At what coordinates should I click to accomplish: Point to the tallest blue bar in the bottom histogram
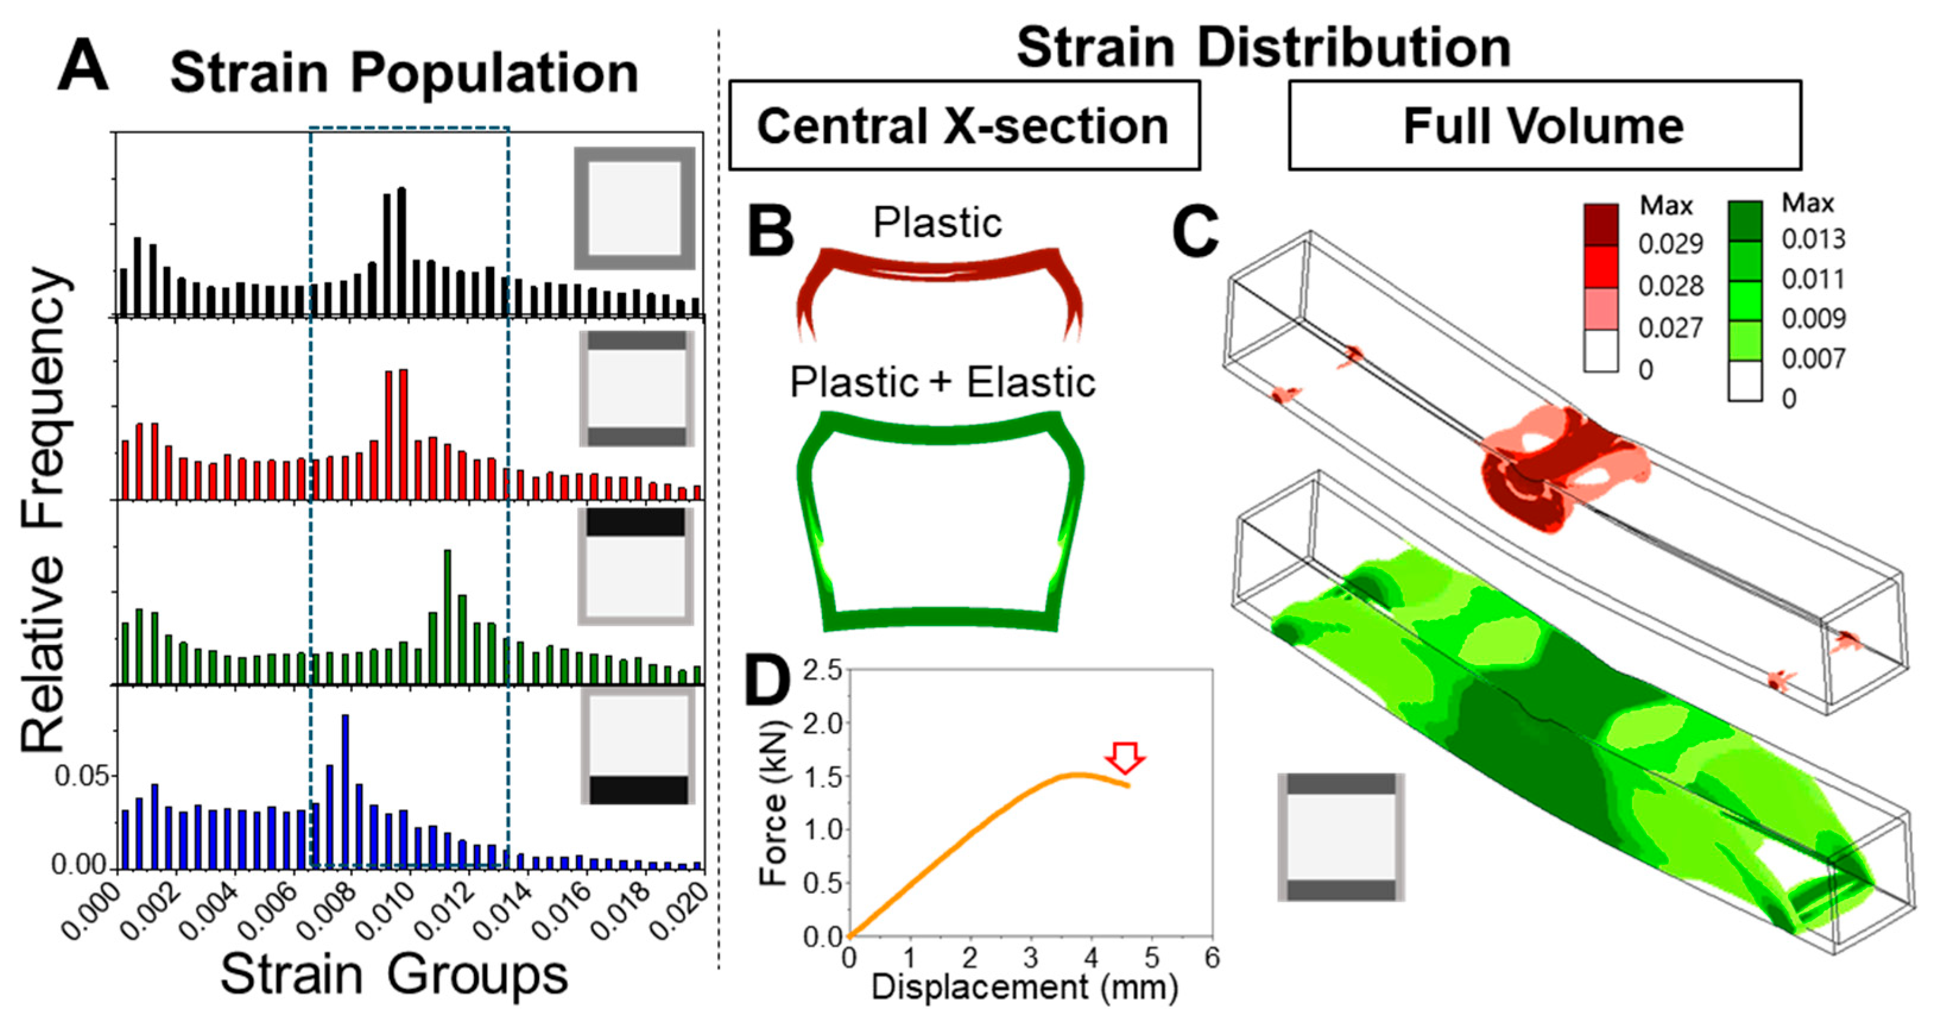coord(345,791)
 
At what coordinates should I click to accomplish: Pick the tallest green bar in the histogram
coord(448,617)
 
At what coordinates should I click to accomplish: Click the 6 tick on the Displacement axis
coord(1211,959)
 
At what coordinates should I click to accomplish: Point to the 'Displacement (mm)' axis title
coord(1024,987)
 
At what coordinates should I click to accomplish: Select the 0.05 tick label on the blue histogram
coord(82,776)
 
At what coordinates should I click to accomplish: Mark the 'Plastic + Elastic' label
coord(942,383)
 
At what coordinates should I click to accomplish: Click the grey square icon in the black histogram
coord(634,209)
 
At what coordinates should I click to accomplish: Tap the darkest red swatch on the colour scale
coord(1601,224)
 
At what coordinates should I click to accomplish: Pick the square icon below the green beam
coord(1341,837)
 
